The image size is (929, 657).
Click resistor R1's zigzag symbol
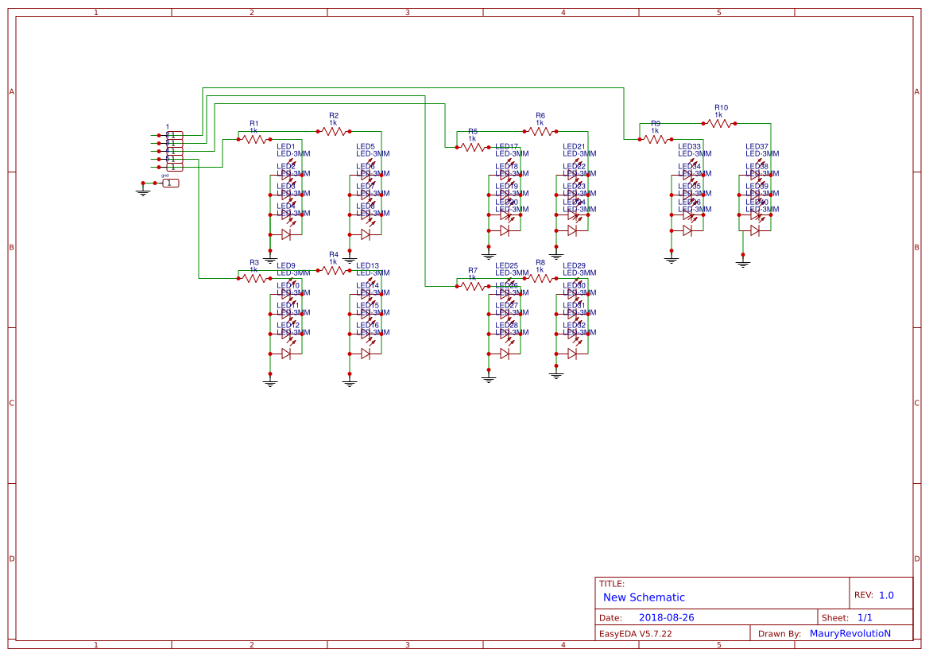[254, 139]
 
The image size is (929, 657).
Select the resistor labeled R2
[333, 131]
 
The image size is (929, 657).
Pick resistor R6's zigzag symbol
[540, 131]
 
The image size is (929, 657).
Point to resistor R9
[655, 139]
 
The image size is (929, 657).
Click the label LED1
[286, 147]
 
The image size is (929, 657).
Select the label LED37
[757, 147]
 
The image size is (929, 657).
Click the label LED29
[574, 265]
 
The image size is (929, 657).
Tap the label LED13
[367, 265]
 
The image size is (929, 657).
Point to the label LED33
[689, 147]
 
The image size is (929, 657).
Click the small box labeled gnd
[171, 183]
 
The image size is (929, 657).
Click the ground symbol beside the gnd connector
[143, 190]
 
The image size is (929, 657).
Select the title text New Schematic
[644, 597]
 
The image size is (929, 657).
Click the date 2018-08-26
[666, 617]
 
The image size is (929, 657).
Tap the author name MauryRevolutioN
[850, 633]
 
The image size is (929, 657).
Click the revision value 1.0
[886, 595]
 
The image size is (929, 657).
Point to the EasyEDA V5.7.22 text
[635, 633]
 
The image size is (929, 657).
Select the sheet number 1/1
[865, 617]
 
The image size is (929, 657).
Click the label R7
[472, 270]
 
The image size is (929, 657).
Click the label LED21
[574, 147]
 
